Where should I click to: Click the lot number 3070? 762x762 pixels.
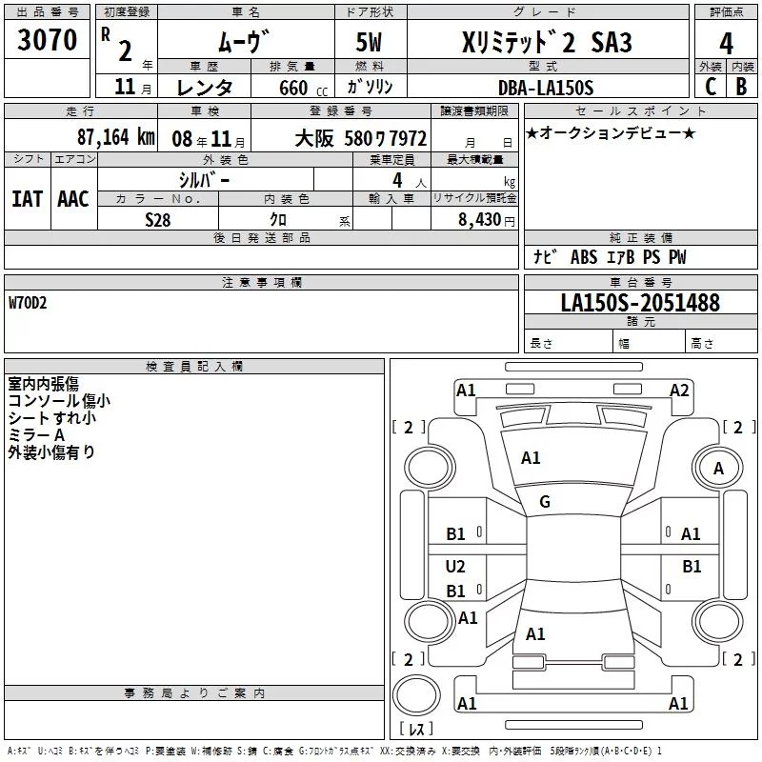48,41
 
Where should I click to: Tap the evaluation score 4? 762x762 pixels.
726,44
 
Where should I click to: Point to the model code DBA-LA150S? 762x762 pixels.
546,88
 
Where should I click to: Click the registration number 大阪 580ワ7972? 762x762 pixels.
361,138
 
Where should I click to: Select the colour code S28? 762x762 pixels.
157,219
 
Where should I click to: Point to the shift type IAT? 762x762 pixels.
27,198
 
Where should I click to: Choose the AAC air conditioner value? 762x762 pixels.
72,198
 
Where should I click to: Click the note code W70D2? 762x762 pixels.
28,304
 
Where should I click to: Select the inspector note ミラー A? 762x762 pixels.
36,434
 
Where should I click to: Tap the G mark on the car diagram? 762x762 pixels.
545,502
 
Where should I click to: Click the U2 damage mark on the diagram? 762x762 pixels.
456,567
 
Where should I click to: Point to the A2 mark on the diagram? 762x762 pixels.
679,390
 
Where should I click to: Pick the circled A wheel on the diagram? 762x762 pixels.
718,468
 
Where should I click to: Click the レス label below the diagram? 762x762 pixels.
417,730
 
